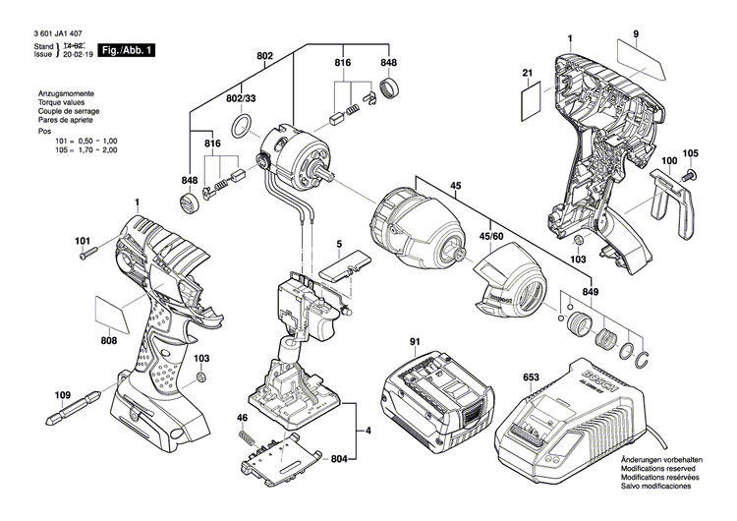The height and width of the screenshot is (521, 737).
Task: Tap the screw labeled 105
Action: click(x=689, y=174)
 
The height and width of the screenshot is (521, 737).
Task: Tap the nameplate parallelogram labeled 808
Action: click(x=115, y=314)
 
